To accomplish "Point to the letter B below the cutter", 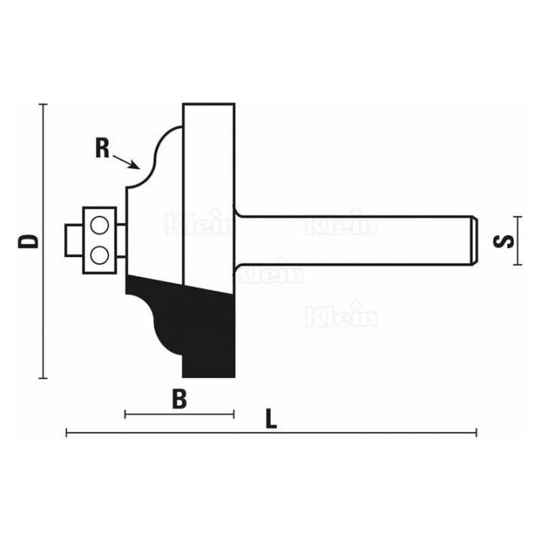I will pos(179,399).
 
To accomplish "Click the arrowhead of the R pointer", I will pos(136,165).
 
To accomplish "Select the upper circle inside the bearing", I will pos(98,224).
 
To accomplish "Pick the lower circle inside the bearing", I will pos(98,255).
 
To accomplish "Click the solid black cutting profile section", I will pos(203,323).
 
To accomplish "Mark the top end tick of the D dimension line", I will pos(44,104).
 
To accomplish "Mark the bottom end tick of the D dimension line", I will pos(44,377).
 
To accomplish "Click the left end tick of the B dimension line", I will pos(125,414).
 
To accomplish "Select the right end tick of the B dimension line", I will pos(234,414).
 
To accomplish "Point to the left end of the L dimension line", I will pos(67,433).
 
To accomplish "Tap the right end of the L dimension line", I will pos(476,433).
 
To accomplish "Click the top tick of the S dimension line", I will pos(518,218).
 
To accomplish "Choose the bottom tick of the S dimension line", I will pos(518,264).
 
